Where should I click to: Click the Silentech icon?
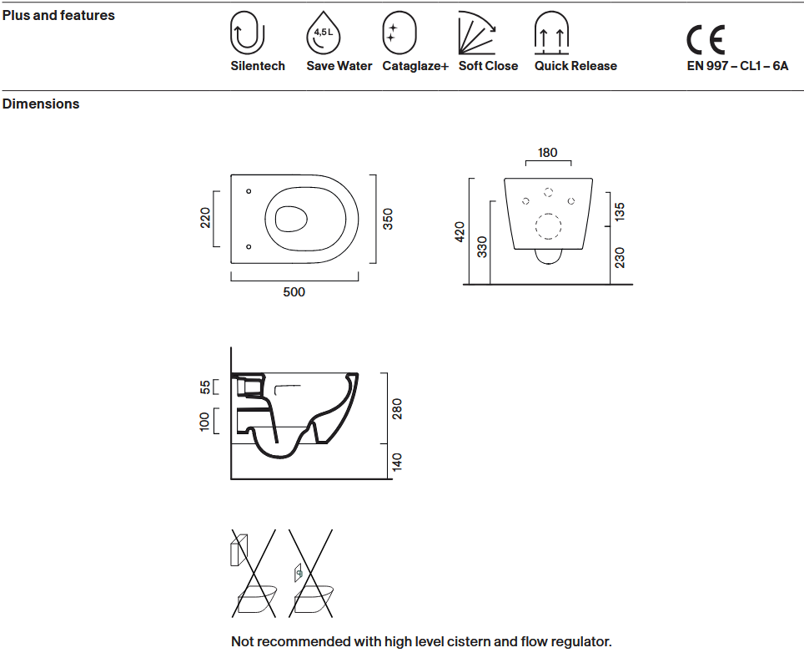[x=247, y=34]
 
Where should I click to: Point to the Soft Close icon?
[x=477, y=35]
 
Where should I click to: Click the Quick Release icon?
[x=551, y=34]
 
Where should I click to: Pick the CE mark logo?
[x=706, y=40]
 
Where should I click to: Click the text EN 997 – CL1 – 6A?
[x=737, y=66]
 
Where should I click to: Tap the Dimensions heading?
[x=41, y=104]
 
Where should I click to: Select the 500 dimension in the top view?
[x=294, y=292]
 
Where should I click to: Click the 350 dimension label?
[x=388, y=219]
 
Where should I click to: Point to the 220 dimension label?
[x=205, y=218]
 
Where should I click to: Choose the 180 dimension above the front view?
[x=548, y=153]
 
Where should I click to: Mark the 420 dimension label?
[x=460, y=231]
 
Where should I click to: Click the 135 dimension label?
[x=620, y=211]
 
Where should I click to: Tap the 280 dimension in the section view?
[x=398, y=409]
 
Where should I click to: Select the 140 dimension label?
[x=398, y=461]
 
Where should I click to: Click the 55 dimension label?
[x=205, y=387]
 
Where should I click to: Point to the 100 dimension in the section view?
[x=205, y=422]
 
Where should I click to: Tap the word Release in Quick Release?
[x=593, y=66]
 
